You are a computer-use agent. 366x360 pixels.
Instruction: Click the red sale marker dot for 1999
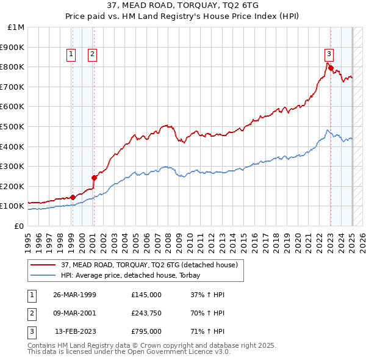73,197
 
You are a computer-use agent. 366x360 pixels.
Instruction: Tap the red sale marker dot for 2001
94,178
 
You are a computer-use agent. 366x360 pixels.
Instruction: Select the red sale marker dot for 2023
331,68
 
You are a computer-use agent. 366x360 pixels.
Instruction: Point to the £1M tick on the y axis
16,27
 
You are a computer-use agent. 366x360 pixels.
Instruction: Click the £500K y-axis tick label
12,126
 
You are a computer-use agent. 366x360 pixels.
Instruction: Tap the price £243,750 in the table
146,313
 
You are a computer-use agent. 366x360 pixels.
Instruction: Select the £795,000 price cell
146,331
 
